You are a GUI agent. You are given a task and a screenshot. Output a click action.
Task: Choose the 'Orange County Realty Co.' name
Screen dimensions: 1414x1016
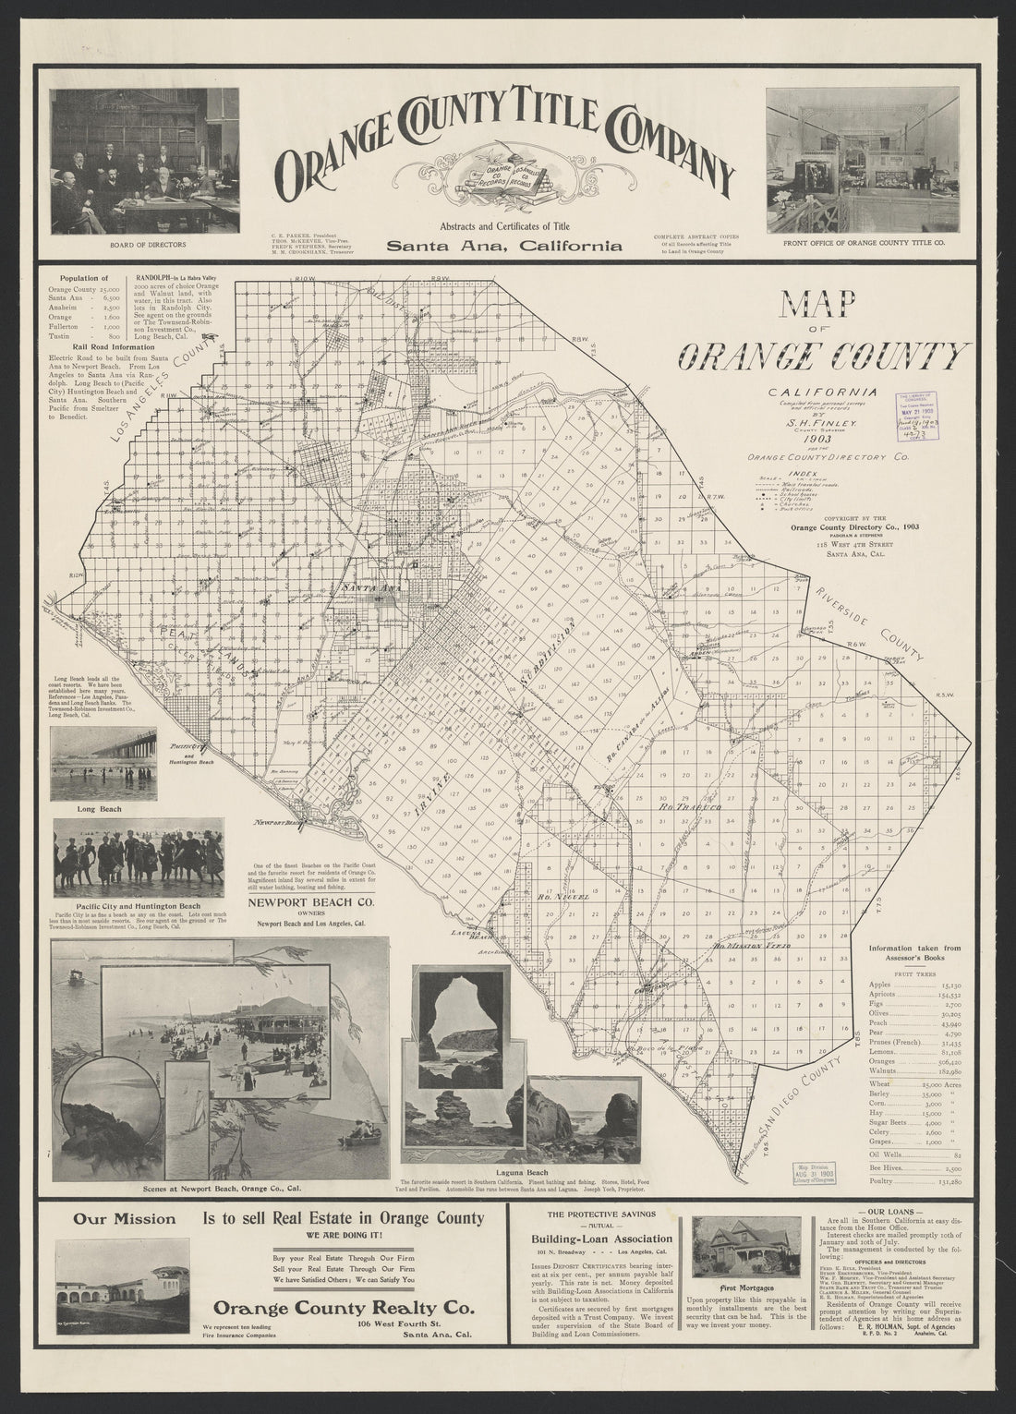(x=344, y=1308)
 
